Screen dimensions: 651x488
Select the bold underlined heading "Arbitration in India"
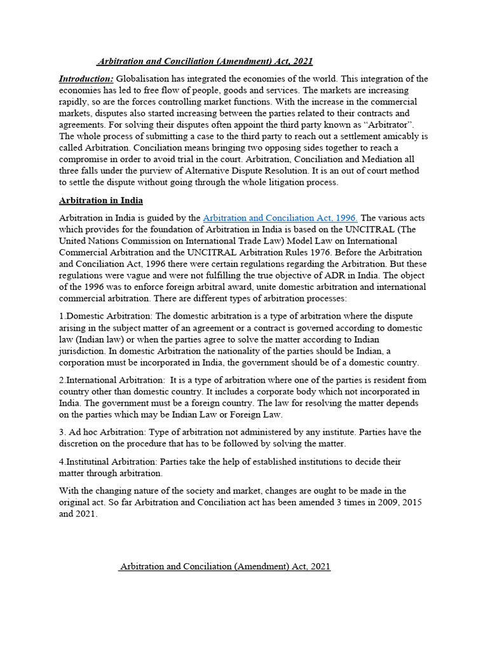[x=102, y=200]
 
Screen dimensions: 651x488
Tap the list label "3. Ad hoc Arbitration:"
[x=107, y=432]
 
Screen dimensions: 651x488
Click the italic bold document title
[x=205, y=61]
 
